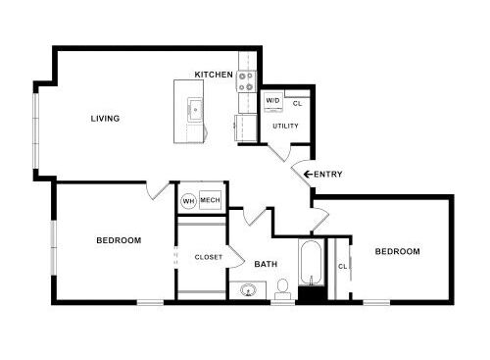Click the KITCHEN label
click(x=214, y=75)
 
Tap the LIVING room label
click(x=105, y=119)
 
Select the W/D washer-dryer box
click(x=273, y=102)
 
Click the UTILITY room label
click(x=285, y=126)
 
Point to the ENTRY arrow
click(x=308, y=175)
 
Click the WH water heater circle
click(x=189, y=201)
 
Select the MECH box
click(x=210, y=200)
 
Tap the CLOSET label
click(x=209, y=257)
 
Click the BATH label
click(x=266, y=264)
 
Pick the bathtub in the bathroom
click(x=312, y=263)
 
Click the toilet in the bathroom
click(x=282, y=289)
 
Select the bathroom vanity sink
click(x=248, y=289)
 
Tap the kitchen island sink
click(x=195, y=110)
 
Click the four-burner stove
click(x=246, y=81)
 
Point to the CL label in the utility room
click(x=297, y=104)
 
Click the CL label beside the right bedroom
click(x=342, y=267)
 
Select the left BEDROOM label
click(x=119, y=240)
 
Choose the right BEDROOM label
click(x=398, y=251)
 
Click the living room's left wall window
click(x=35, y=130)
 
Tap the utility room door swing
click(x=279, y=153)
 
